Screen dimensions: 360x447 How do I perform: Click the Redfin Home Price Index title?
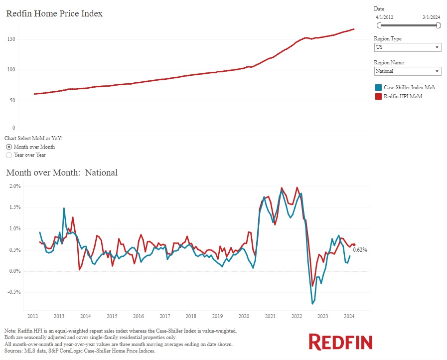(x=54, y=14)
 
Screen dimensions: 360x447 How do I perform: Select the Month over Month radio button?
(x=8, y=147)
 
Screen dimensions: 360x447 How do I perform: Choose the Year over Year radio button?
(x=8, y=155)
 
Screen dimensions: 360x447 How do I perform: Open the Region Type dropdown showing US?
(x=407, y=47)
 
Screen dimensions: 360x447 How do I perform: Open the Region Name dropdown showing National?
(x=407, y=71)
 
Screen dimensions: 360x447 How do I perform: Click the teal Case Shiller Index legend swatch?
(x=378, y=88)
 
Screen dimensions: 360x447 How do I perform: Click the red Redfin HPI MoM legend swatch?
(x=378, y=96)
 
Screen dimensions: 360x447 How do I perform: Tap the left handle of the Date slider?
(x=379, y=25)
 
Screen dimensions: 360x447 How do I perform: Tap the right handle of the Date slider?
(x=439, y=25)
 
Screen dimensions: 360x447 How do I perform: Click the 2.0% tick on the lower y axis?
(x=14, y=186)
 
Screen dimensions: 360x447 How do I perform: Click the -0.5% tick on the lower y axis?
(x=13, y=292)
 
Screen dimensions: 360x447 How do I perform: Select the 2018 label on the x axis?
(x=190, y=316)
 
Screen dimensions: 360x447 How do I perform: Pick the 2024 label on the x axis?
(x=349, y=316)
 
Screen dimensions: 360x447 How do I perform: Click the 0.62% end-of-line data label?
(x=360, y=250)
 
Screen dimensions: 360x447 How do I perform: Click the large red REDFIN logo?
(x=341, y=342)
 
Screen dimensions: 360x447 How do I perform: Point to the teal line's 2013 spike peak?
(x=64, y=208)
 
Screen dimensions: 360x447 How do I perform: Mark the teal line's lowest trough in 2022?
(x=312, y=304)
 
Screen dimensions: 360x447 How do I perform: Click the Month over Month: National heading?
(x=62, y=173)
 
